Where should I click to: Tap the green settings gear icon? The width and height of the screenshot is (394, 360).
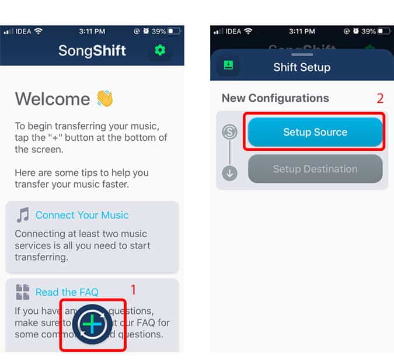coord(159,51)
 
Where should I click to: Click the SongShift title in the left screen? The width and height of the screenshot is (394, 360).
coord(92,51)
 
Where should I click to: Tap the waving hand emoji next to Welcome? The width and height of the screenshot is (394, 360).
coord(104,98)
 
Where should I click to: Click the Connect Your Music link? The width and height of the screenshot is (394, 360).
coord(82,215)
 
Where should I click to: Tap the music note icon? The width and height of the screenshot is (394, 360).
coord(23,215)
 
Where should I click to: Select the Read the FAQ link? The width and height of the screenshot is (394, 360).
coord(67,292)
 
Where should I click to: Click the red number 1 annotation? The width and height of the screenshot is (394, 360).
coord(133,290)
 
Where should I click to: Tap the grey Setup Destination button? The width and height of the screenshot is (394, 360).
coord(315,169)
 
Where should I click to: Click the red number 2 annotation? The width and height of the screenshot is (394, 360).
coord(380,98)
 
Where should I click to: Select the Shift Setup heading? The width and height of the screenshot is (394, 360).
coord(302,67)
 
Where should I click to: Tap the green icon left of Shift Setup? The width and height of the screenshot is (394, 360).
coord(228,65)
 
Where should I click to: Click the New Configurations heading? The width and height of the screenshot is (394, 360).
coord(275,98)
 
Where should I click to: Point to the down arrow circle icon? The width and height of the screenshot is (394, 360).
coord(230,174)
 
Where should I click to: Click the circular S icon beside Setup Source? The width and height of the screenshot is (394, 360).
coord(230,132)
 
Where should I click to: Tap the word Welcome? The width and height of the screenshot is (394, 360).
coord(51,99)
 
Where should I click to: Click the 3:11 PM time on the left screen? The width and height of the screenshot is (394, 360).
coord(93,30)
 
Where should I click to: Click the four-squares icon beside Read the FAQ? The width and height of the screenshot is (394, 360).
coord(23,292)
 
